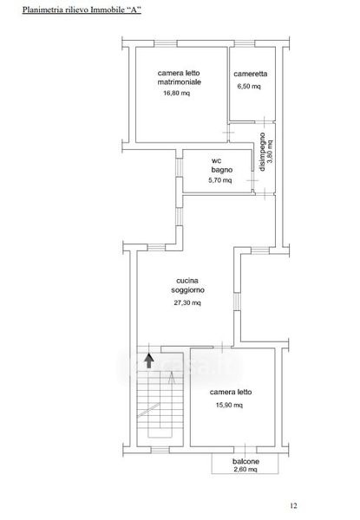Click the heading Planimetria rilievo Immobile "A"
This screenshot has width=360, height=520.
pyautogui.click(x=82, y=10)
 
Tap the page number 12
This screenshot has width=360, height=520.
pyautogui.click(x=293, y=505)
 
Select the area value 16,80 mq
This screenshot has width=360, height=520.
pyautogui.click(x=176, y=94)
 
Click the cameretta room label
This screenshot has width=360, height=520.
pyautogui.click(x=250, y=74)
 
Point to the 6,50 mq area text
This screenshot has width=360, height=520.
pyautogui.click(x=249, y=86)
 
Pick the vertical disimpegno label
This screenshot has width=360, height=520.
pyautogui.click(x=262, y=152)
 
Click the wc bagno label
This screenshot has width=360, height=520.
pyautogui.click(x=222, y=166)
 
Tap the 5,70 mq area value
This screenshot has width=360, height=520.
pyautogui.click(x=220, y=180)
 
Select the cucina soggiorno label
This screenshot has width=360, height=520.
pyautogui.click(x=187, y=285)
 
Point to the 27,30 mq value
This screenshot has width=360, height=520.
pyautogui.click(x=187, y=302)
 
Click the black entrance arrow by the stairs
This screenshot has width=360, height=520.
pyautogui.click(x=148, y=361)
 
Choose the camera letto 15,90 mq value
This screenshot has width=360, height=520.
pyautogui.click(x=229, y=405)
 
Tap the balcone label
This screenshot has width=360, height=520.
pyautogui.click(x=245, y=461)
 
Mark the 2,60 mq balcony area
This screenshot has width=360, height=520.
pyautogui.click(x=245, y=469)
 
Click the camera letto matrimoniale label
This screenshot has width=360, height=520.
pyautogui.click(x=180, y=77)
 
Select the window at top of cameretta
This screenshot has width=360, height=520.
pyautogui.click(x=245, y=43)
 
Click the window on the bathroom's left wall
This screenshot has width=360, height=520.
pyautogui.click(x=180, y=166)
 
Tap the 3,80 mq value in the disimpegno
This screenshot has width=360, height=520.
pyautogui.click(x=270, y=151)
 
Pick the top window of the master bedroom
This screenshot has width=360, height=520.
pyautogui.click(x=165, y=43)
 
